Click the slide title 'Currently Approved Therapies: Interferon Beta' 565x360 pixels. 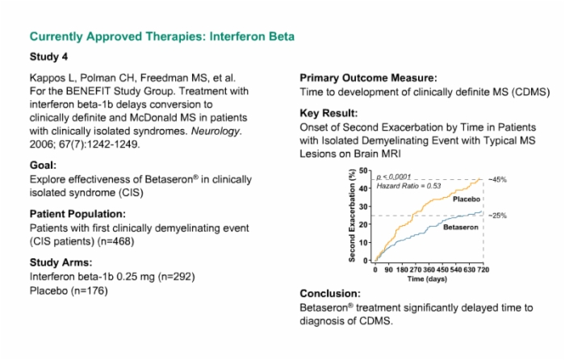[x=161, y=37]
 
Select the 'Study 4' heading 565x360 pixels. [x=48, y=57]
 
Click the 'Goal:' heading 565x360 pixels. [x=43, y=165]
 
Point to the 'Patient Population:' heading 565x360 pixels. [x=77, y=214]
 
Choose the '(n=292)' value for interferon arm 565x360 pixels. [x=177, y=277]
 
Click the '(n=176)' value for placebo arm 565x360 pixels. [x=89, y=291]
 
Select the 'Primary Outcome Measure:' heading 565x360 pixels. [x=368, y=78]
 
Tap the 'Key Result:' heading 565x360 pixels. [x=329, y=114]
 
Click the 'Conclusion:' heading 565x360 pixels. [x=329, y=294]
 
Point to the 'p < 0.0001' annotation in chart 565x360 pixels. [x=394, y=177]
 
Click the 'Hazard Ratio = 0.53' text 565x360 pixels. [x=408, y=186]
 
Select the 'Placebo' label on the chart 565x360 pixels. [x=467, y=199]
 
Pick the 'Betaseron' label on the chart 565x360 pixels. [x=461, y=228]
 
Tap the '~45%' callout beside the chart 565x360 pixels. [x=498, y=179]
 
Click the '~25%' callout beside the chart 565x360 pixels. [x=498, y=216]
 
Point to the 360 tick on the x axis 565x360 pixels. [x=429, y=270]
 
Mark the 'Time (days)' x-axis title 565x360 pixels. [x=427, y=279]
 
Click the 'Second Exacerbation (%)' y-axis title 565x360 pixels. [x=352, y=216]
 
